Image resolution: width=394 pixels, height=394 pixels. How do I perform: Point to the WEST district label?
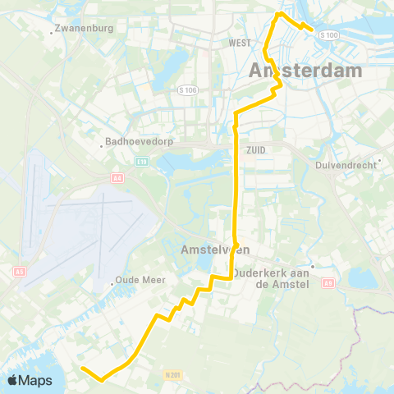(240, 42)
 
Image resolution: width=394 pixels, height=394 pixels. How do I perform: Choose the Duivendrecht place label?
(345, 165)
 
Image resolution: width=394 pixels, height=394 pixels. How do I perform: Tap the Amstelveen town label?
(209, 250)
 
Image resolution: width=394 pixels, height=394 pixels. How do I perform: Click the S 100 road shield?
(328, 34)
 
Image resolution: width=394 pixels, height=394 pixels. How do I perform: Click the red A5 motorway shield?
(19, 272)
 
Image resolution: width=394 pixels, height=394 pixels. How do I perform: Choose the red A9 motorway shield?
(328, 283)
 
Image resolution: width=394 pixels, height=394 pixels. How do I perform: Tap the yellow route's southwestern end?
(83, 369)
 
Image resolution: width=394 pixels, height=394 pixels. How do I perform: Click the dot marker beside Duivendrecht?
(381, 161)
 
